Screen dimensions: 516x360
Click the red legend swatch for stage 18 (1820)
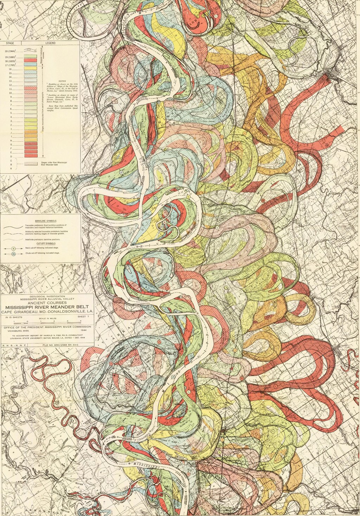[x=30, y=61]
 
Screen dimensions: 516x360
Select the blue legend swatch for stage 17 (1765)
[x=30, y=65]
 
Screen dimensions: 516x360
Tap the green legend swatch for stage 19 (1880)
[x=30, y=57]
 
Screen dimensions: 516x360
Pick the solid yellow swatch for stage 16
[x=30, y=69]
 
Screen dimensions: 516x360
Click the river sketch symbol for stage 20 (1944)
[x=30, y=51]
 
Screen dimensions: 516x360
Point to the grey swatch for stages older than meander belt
[x=30, y=164]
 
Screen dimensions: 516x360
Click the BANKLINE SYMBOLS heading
[x=41, y=217]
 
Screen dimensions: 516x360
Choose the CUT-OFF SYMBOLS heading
[x=41, y=243]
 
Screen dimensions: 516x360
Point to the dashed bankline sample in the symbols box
[x=13, y=232]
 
